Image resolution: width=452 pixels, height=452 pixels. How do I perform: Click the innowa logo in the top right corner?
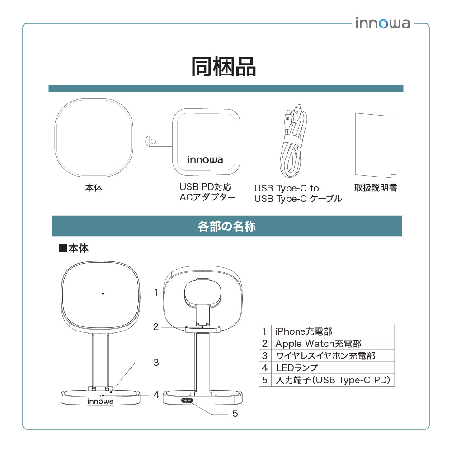pos(382,23)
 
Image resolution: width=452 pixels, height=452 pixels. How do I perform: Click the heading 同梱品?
pos(224,67)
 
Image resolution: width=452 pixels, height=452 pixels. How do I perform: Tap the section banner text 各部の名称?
pos(226,226)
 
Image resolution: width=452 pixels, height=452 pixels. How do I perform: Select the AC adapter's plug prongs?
pos(156,141)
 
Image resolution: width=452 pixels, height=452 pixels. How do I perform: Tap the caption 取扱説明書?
pos(376,188)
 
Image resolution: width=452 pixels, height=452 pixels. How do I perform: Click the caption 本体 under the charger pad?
pos(94,188)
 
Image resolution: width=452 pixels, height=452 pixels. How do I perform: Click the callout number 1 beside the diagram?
pos(156,293)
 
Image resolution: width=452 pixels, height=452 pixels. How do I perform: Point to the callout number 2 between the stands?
pos(156,327)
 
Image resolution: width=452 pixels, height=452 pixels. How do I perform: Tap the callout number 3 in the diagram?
pos(156,362)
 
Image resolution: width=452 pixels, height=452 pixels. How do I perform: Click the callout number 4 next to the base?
pos(156,395)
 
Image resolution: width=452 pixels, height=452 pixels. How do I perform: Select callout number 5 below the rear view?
pos(235,413)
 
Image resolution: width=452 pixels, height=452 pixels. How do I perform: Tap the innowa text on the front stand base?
pos(100,401)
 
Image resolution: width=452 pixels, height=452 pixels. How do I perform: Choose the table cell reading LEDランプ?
pos(297,368)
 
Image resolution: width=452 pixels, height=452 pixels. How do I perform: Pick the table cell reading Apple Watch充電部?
pos(318,344)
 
